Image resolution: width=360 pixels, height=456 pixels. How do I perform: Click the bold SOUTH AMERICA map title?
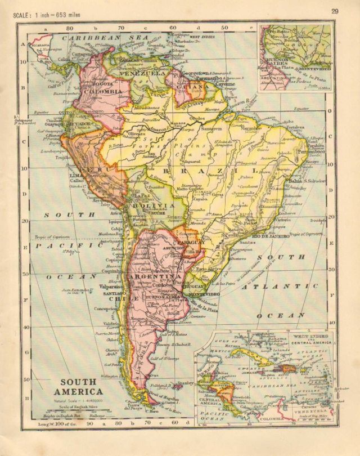(x=78, y=387)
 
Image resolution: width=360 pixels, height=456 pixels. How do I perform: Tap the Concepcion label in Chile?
(x=109, y=309)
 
